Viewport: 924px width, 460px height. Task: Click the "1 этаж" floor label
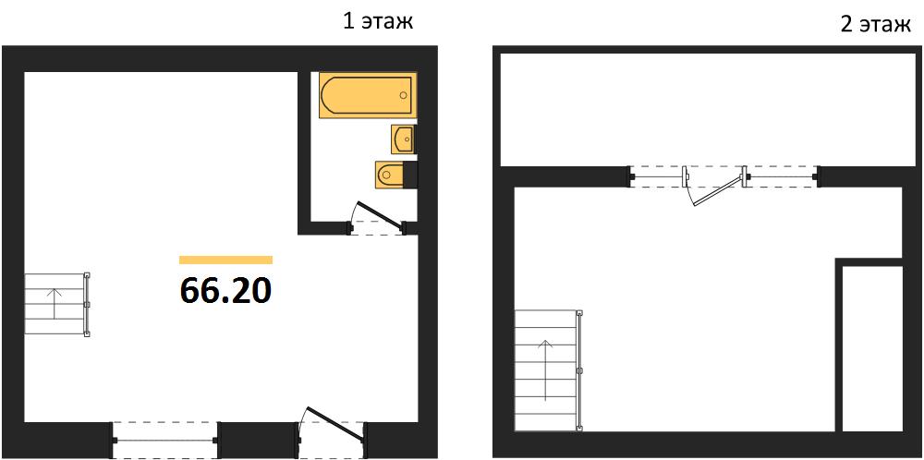(378, 21)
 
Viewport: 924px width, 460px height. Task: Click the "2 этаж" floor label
(876, 25)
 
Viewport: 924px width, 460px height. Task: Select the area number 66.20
(225, 290)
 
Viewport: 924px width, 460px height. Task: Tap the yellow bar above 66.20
(225, 260)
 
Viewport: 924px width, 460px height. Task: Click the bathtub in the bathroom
(368, 95)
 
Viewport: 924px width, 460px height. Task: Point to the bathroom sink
(404, 139)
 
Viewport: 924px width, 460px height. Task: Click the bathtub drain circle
(404, 95)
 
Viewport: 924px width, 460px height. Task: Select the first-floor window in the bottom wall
(165, 440)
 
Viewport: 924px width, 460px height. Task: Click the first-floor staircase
(56, 304)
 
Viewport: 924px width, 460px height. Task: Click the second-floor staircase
(549, 369)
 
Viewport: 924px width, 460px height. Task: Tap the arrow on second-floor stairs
(546, 369)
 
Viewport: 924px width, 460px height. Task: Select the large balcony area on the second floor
(707, 110)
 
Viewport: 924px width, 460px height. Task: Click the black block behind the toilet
(410, 173)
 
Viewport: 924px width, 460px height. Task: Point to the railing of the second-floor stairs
(580, 370)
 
